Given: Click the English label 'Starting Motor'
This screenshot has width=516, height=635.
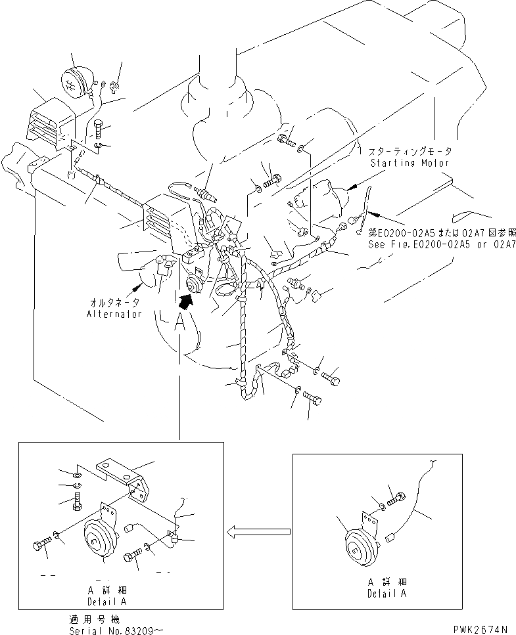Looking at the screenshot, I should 410,162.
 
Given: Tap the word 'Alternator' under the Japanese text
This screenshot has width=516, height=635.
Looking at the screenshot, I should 114,314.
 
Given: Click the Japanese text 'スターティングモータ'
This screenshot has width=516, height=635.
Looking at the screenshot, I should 410,151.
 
